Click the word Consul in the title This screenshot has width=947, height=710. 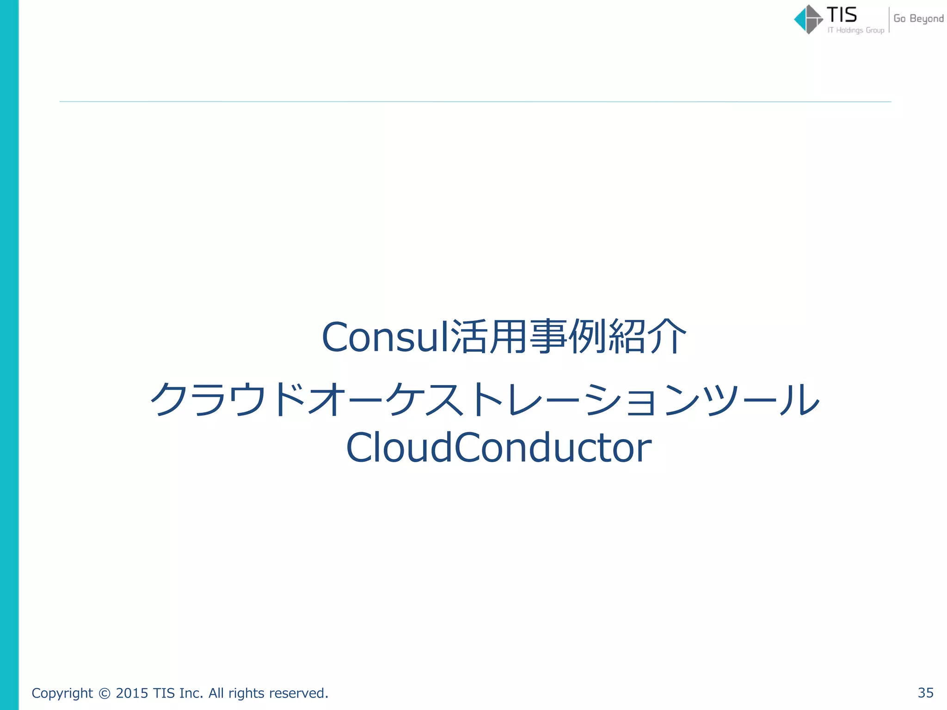coord(385,337)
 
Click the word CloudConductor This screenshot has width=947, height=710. coord(498,447)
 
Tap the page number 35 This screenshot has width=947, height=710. coord(925,693)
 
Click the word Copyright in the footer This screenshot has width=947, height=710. coord(62,693)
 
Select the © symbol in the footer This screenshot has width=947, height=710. coord(105,693)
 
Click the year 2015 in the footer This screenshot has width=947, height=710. coord(132,693)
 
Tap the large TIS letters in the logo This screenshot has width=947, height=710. coord(842,15)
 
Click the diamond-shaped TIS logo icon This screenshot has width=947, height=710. coord(808,19)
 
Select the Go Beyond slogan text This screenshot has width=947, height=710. coord(918,18)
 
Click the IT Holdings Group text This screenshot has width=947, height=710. coord(856,31)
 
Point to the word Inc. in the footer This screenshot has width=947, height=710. coord(191,693)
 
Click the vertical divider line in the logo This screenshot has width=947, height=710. coord(889,20)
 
